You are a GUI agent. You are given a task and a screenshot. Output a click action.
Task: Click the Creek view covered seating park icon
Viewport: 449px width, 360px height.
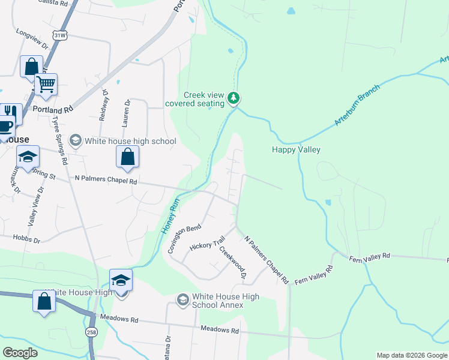pyautogui.click(x=234, y=98)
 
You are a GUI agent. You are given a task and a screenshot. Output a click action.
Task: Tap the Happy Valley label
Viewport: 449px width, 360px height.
pyautogui.click(x=296, y=149)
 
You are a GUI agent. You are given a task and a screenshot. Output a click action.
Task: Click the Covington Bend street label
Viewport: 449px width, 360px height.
pyautogui.click(x=184, y=239)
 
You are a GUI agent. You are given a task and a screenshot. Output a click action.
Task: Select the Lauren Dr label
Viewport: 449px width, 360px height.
pyautogui.click(x=125, y=113)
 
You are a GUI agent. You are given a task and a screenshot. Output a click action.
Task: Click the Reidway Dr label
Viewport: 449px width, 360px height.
pyautogui.click(x=104, y=104)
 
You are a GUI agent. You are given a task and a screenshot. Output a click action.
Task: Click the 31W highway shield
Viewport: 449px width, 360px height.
pyautogui.click(x=59, y=35)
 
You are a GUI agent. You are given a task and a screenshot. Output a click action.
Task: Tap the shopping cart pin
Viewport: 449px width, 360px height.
pyautogui.click(x=46, y=85)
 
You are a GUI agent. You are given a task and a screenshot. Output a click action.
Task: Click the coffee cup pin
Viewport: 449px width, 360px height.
pyautogui.click(x=5, y=127)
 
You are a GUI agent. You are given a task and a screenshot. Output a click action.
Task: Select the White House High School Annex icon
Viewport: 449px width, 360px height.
pyautogui.click(x=182, y=299)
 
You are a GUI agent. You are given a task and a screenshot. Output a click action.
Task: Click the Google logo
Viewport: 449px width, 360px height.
pyautogui.click(x=20, y=352)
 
